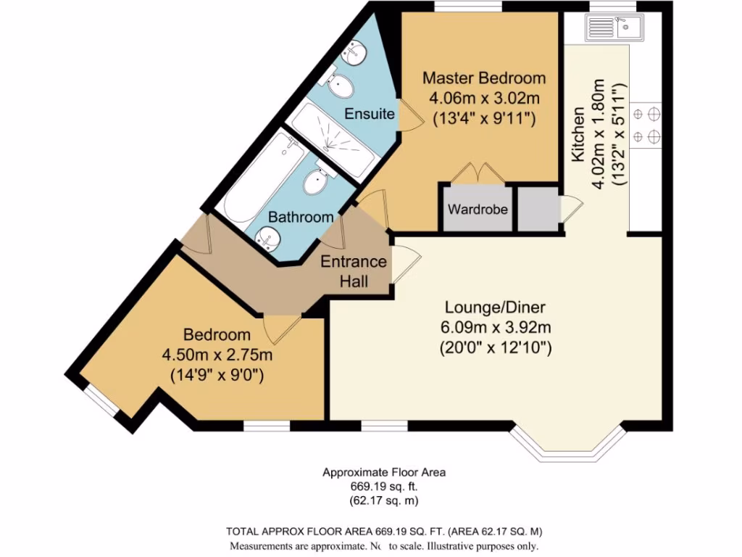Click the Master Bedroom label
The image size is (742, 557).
tap(484, 78)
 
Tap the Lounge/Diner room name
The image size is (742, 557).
tap(496, 307)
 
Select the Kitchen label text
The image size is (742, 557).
tap(578, 136)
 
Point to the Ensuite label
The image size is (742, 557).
tap(370, 114)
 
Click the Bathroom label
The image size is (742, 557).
tap(301, 217)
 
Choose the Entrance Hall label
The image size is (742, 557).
tap(354, 271)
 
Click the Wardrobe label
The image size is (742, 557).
tap(478, 210)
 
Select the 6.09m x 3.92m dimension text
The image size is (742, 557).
tap(496, 327)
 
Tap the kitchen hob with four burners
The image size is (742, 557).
tap(646, 124)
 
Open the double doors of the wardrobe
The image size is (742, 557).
tap(478, 174)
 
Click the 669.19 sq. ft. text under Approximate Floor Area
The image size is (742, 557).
tap(383, 486)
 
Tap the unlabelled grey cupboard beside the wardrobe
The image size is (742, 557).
tap(537, 210)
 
